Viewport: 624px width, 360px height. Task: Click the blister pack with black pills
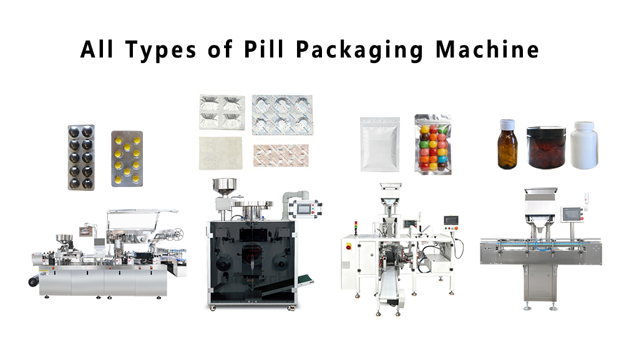(x=81, y=157)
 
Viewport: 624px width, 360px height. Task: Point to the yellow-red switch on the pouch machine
(x=353, y=249)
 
